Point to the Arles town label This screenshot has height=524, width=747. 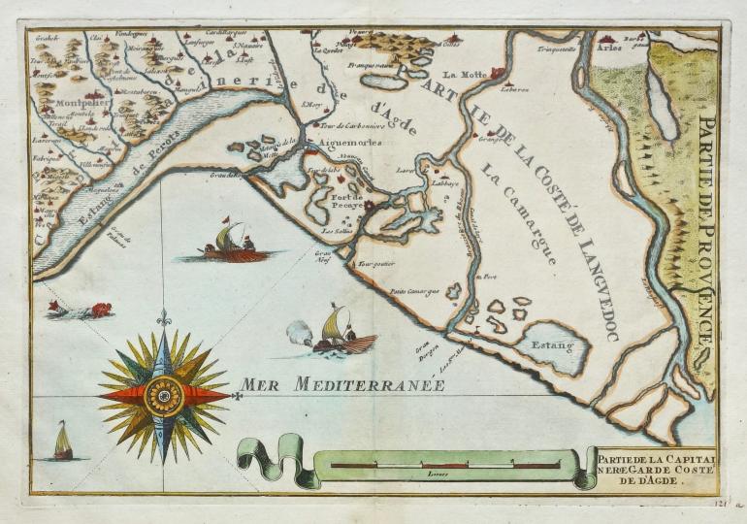(609, 47)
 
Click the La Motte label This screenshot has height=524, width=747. (462, 74)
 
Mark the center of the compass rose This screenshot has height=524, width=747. (164, 395)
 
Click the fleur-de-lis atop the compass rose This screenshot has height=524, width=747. (164, 317)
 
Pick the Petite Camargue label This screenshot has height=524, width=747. (414, 290)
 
